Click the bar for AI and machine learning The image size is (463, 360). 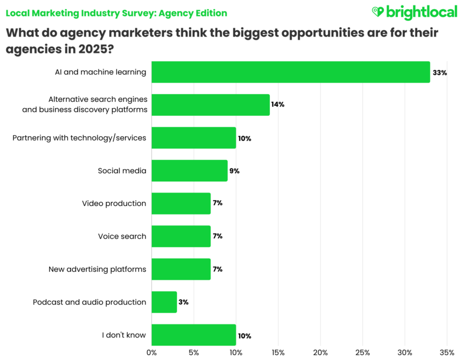coord(291,72)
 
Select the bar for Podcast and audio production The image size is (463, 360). coord(164,302)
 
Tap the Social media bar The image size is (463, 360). coord(190,171)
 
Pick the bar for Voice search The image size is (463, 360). coord(181,236)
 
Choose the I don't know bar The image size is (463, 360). coord(194,335)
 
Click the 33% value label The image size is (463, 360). coord(440,72)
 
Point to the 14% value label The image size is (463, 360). coord(278,104)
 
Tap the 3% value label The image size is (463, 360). coord(184,302)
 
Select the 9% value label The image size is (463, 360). coord(234,171)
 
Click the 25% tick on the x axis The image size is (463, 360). coord(362,352)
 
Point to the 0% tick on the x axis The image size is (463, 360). coord(152,352)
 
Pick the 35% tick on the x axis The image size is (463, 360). coord(447,352)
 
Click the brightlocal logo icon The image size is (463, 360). coord(378,11)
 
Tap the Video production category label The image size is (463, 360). coord(114,203)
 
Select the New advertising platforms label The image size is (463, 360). coord(97,269)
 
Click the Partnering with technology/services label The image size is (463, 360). coord(79,138)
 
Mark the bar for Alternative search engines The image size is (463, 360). coord(211,105)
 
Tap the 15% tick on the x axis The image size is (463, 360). coord(278,352)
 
